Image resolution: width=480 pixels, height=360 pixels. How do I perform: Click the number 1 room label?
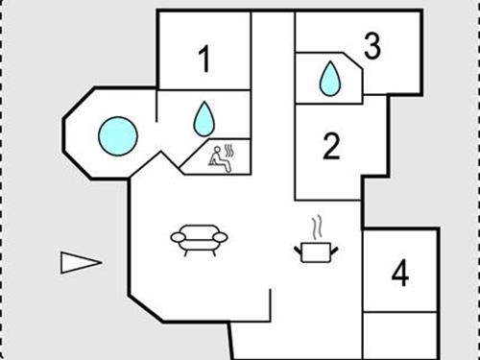204,60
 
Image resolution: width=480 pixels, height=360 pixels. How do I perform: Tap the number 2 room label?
331,147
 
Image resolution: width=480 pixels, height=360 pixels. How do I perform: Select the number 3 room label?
372,45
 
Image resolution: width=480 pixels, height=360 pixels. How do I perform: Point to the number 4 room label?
400,274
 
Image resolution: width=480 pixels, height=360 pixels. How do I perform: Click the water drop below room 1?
204,119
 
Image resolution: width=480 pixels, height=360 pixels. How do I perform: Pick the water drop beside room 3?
329,79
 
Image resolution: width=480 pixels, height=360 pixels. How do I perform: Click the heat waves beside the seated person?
230,151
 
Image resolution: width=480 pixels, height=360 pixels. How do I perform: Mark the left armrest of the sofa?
179,236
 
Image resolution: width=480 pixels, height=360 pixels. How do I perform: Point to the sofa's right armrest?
220,236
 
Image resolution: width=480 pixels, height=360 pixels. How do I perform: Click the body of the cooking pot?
314,252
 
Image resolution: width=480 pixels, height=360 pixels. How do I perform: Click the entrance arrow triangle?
78,261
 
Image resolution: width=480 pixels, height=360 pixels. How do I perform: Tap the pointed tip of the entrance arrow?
100,261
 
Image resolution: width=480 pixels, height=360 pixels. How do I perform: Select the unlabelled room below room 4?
400,336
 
